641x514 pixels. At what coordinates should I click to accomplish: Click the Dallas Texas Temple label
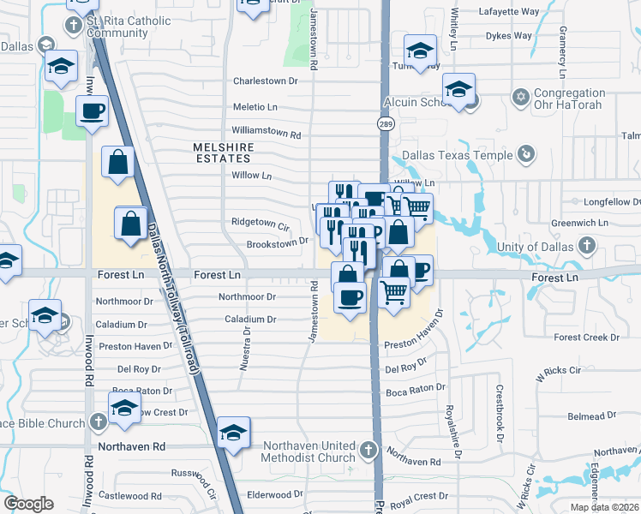click(x=457, y=155)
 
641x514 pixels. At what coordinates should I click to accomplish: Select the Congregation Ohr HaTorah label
click(x=569, y=99)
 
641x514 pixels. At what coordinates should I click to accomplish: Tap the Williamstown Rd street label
click(x=267, y=134)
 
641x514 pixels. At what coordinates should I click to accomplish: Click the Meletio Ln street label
click(x=255, y=108)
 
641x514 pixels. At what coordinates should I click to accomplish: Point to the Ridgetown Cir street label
click(x=260, y=222)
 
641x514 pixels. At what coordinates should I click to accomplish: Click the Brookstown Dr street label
click(x=277, y=242)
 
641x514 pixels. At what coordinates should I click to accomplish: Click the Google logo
click(x=28, y=503)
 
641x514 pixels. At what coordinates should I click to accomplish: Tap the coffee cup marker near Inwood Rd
click(x=92, y=111)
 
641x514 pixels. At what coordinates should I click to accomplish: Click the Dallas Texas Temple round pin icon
click(x=526, y=155)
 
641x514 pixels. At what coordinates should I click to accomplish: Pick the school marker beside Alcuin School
click(x=458, y=89)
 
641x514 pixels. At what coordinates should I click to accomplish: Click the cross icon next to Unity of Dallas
click(x=586, y=248)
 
